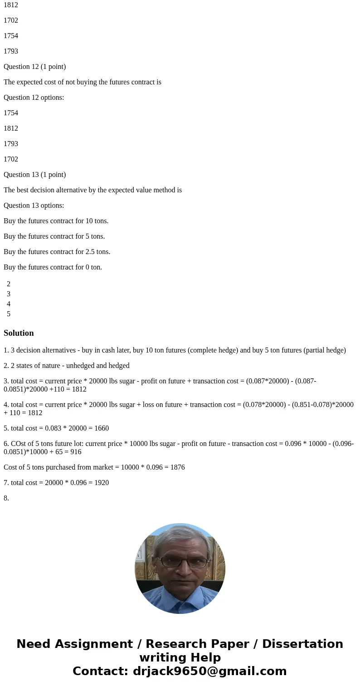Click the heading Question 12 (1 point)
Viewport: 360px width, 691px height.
pos(35,67)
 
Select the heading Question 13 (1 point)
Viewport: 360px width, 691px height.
pos(35,175)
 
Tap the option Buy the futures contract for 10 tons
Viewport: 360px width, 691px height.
pos(56,221)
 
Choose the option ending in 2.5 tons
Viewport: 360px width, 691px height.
pos(57,252)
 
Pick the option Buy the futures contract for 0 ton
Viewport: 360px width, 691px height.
pos(53,267)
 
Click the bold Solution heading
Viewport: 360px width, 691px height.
pos(19,333)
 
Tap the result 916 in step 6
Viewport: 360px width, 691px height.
pos(76,452)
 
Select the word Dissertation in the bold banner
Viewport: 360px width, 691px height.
pos(302,644)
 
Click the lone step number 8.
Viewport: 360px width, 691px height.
pos(6,498)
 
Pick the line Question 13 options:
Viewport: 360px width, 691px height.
pos(34,206)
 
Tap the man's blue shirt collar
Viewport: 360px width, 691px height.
pos(180,590)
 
